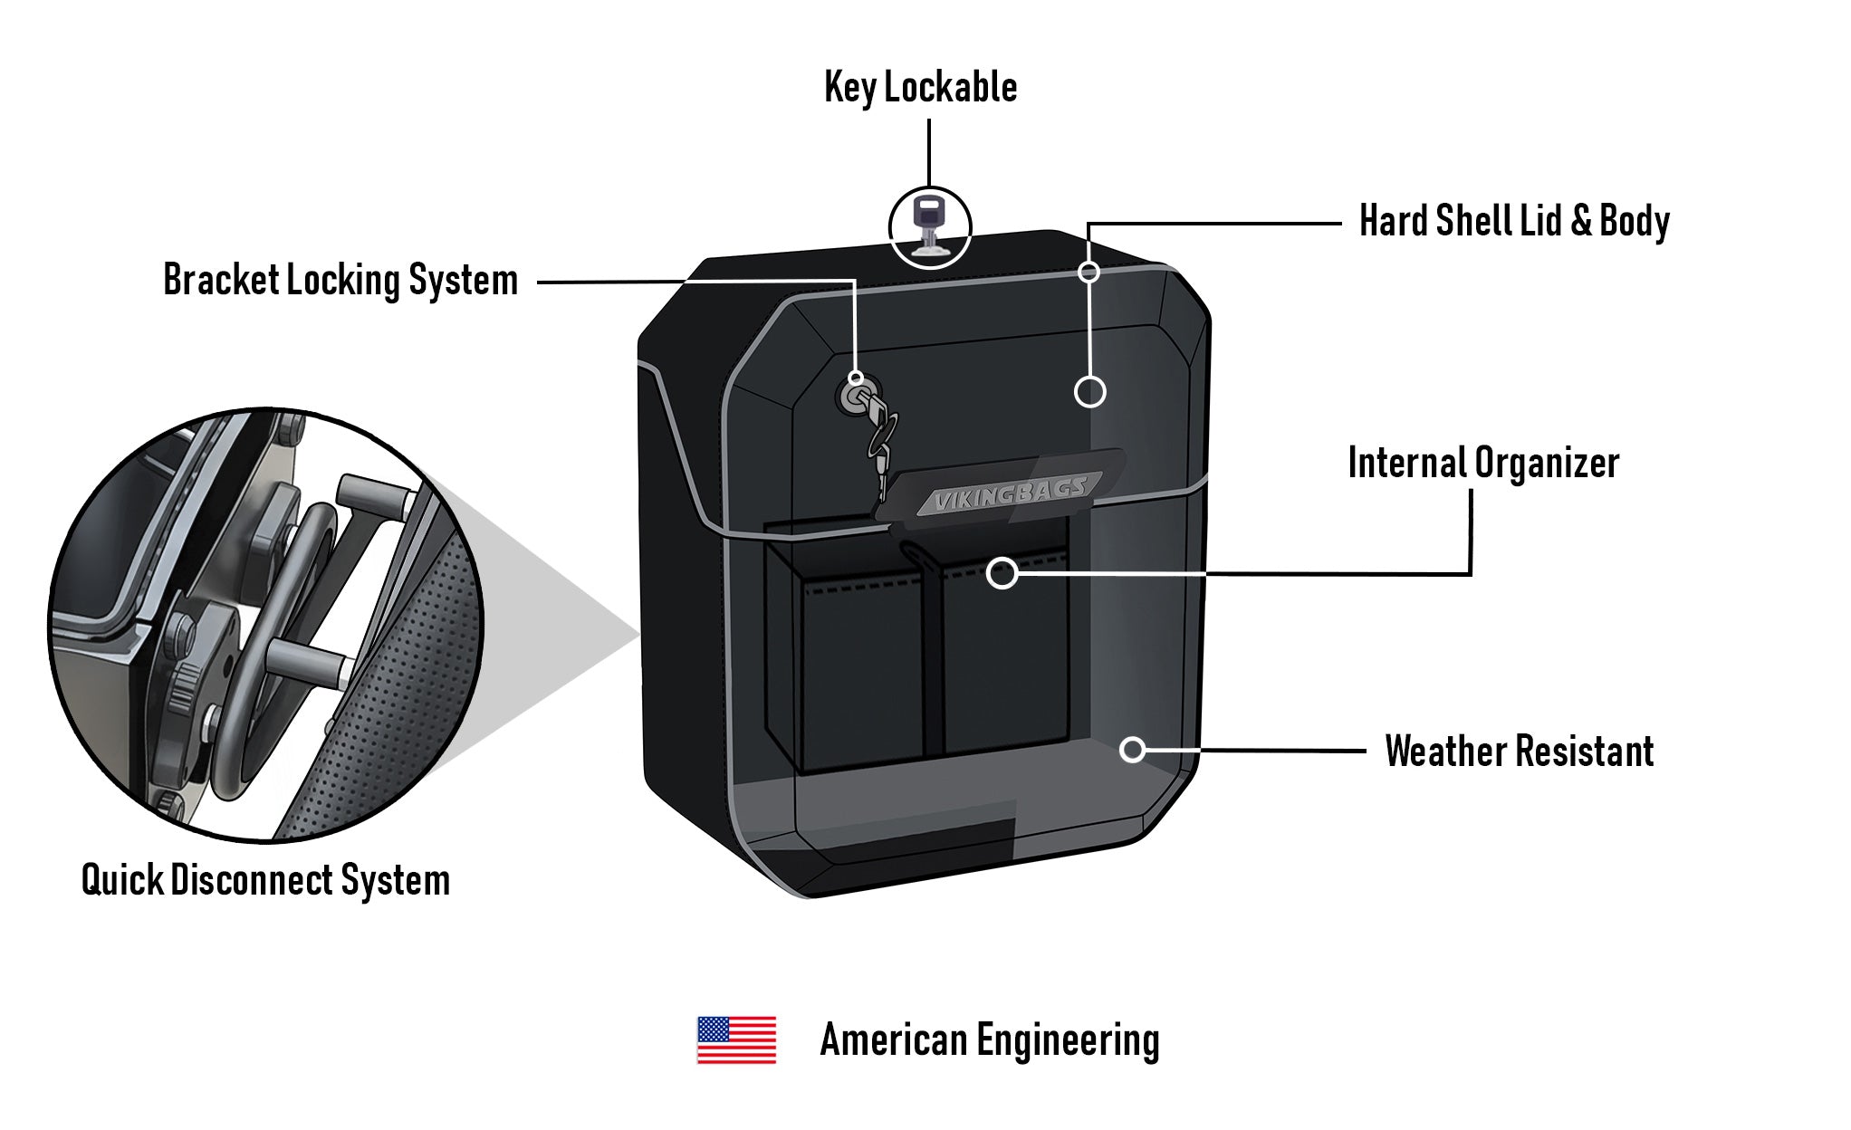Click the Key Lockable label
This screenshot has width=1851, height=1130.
pyautogui.click(x=920, y=88)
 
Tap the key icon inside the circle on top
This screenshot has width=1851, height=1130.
pyautogui.click(x=929, y=226)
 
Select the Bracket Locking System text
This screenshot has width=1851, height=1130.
pyautogui.click(x=340, y=280)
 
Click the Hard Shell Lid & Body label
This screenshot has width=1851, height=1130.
pyautogui.click(x=1514, y=221)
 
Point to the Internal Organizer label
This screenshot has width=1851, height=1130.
pyautogui.click(x=1482, y=464)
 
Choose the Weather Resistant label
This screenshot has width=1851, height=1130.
pyautogui.click(x=1519, y=752)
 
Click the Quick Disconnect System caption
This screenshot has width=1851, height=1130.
pyautogui.click(x=265, y=880)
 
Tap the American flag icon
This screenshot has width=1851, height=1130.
pyautogui.click(x=735, y=1039)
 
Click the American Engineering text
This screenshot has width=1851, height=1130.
pyautogui.click(x=989, y=1040)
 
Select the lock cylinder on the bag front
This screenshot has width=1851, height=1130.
pyautogui.click(x=855, y=397)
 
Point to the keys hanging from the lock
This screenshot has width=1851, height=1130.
pyautogui.click(x=881, y=444)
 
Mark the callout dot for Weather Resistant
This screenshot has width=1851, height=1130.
pyautogui.click(x=1132, y=750)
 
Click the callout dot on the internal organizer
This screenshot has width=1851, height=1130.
pyautogui.click(x=1002, y=572)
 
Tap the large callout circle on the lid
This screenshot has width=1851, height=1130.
pyautogui.click(x=1089, y=392)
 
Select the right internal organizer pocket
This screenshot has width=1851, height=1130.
pyautogui.click(x=1005, y=670)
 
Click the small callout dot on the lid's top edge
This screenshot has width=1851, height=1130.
pyautogui.click(x=1089, y=272)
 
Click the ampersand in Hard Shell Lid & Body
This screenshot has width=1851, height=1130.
pyautogui.click(x=1580, y=221)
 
